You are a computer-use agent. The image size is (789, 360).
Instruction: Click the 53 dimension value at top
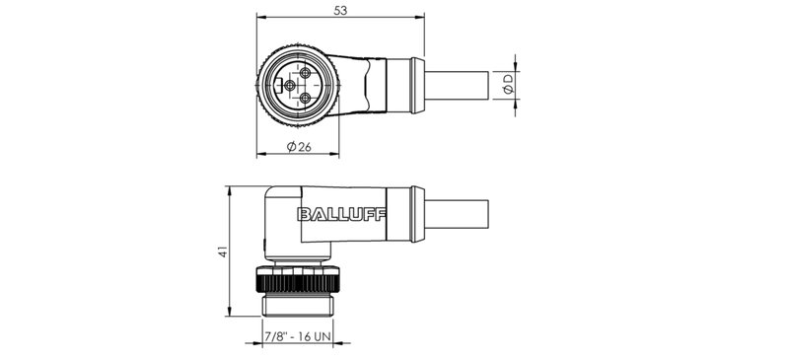pyautogui.click(x=341, y=10)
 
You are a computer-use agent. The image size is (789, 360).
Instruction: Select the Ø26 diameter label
pyautogui.click(x=300, y=147)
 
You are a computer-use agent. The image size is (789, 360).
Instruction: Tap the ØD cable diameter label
pyautogui.click(x=507, y=85)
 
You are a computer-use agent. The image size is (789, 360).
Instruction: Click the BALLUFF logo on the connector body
pyautogui.click(x=341, y=215)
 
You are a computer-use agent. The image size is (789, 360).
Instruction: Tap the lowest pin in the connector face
pyautogui.click(x=305, y=100)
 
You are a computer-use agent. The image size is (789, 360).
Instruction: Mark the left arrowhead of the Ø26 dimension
pyautogui.click(x=260, y=155)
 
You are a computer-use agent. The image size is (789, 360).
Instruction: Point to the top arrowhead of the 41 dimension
pyautogui.click(x=229, y=187)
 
